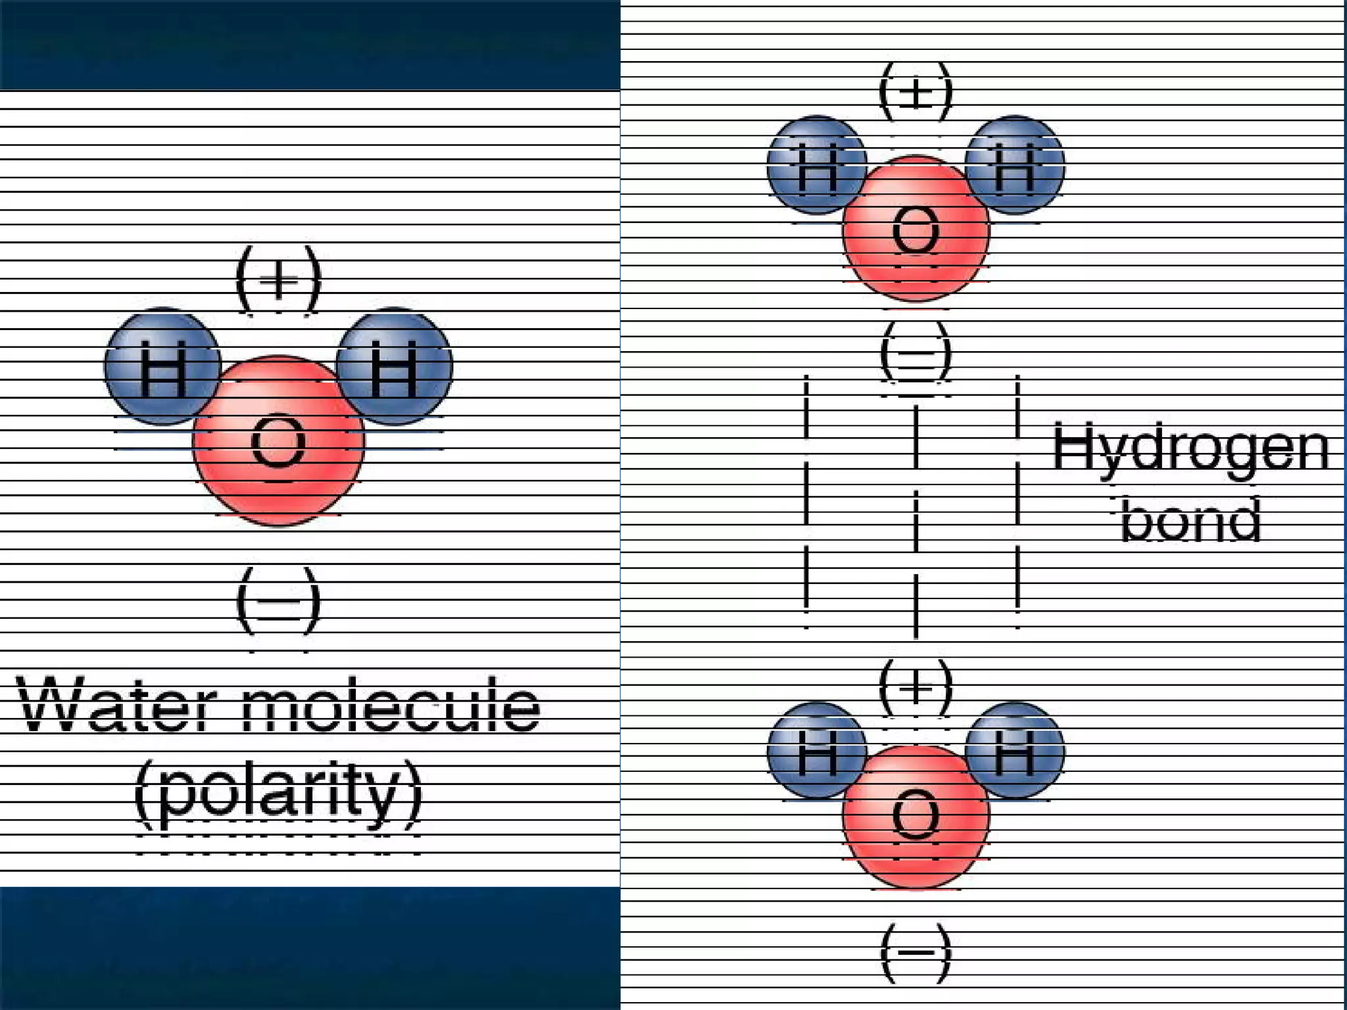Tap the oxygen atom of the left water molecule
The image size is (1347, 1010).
(x=278, y=441)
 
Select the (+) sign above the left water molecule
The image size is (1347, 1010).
(x=278, y=279)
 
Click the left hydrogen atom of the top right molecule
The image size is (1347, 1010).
(x=817, y=164)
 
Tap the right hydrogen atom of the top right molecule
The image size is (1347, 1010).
(x=1015, y=164)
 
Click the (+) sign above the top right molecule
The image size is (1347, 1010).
(x=916, y=92)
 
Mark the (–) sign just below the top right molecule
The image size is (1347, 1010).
(x=916, y=352)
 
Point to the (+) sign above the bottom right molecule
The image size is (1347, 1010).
(x=916, y=688)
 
